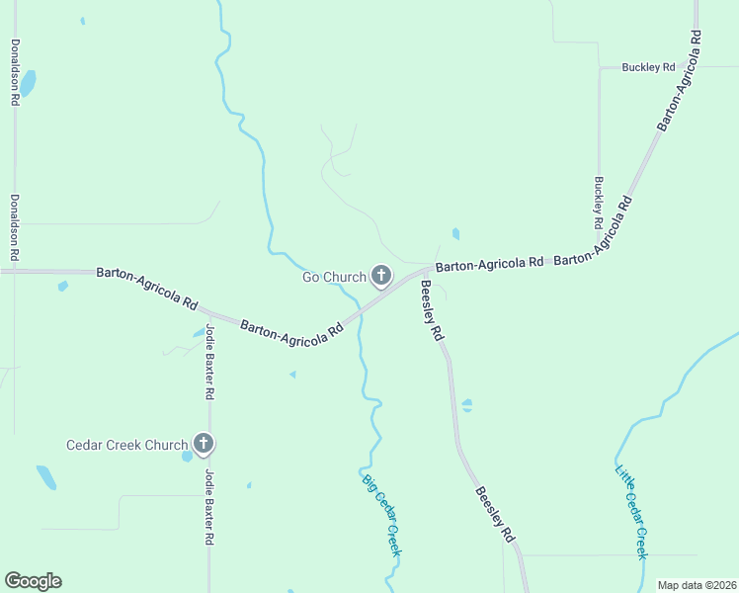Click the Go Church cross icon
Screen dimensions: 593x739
381,276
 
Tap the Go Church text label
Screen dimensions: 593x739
334,277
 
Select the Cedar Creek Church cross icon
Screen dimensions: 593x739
204,444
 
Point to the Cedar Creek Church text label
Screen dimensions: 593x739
126,445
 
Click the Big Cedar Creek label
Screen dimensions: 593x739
381,515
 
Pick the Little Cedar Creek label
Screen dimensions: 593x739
631,512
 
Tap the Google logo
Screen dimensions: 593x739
33,581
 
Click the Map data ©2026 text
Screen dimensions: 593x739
696,585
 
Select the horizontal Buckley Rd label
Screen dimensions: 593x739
648,67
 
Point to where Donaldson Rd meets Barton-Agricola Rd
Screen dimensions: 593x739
14,270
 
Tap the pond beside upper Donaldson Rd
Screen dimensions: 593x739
27,83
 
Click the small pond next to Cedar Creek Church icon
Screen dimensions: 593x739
187,457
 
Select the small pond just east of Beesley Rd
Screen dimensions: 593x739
467,405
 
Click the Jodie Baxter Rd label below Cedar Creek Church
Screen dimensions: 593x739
209,507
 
